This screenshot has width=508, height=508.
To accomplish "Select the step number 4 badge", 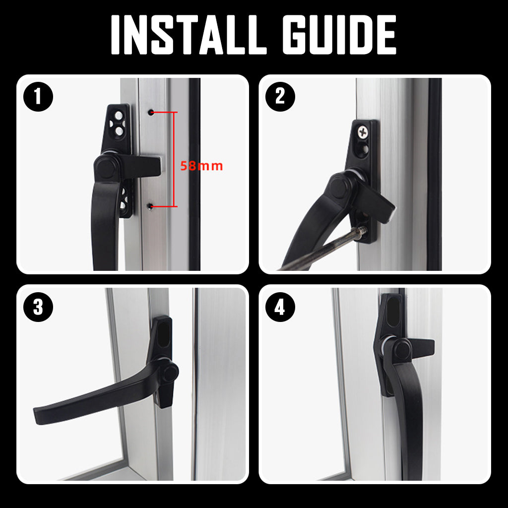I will (280, 308).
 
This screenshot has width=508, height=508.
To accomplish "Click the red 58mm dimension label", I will (201, 166).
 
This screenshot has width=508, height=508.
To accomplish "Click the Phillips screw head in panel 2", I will (363, 132).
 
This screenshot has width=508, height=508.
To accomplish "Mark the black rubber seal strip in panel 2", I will (435, 174).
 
